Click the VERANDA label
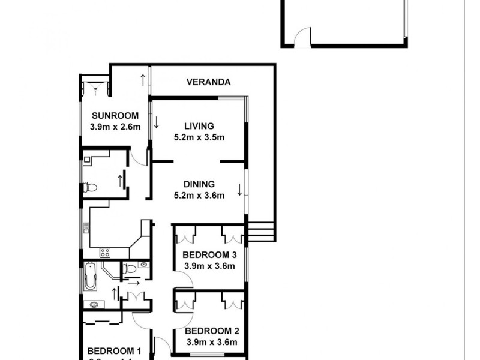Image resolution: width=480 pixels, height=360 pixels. [208, 83]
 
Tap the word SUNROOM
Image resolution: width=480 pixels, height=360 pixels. [115, 116]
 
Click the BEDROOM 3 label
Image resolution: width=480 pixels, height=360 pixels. [208, 254]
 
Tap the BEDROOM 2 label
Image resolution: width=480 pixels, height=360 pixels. [208, 331]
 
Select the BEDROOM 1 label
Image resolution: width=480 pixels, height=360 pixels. [114, 351]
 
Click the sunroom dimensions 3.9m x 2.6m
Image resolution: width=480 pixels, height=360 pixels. [115, 127]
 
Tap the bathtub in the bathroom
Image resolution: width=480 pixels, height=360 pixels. [91, 276]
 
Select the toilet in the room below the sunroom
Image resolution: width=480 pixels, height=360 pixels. [91, 188]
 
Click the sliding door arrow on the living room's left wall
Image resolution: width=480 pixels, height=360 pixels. [156, 122]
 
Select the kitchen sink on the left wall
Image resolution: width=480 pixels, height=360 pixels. [86, 228]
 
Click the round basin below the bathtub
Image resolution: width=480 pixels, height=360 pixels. [94, 305]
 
